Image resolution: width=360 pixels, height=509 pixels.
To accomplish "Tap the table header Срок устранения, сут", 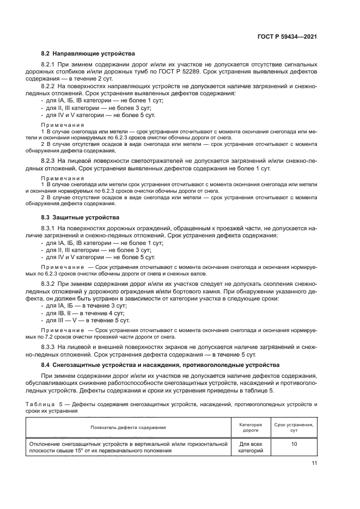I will [294, 427].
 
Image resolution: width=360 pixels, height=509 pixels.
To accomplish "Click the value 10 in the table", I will [294, 445].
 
